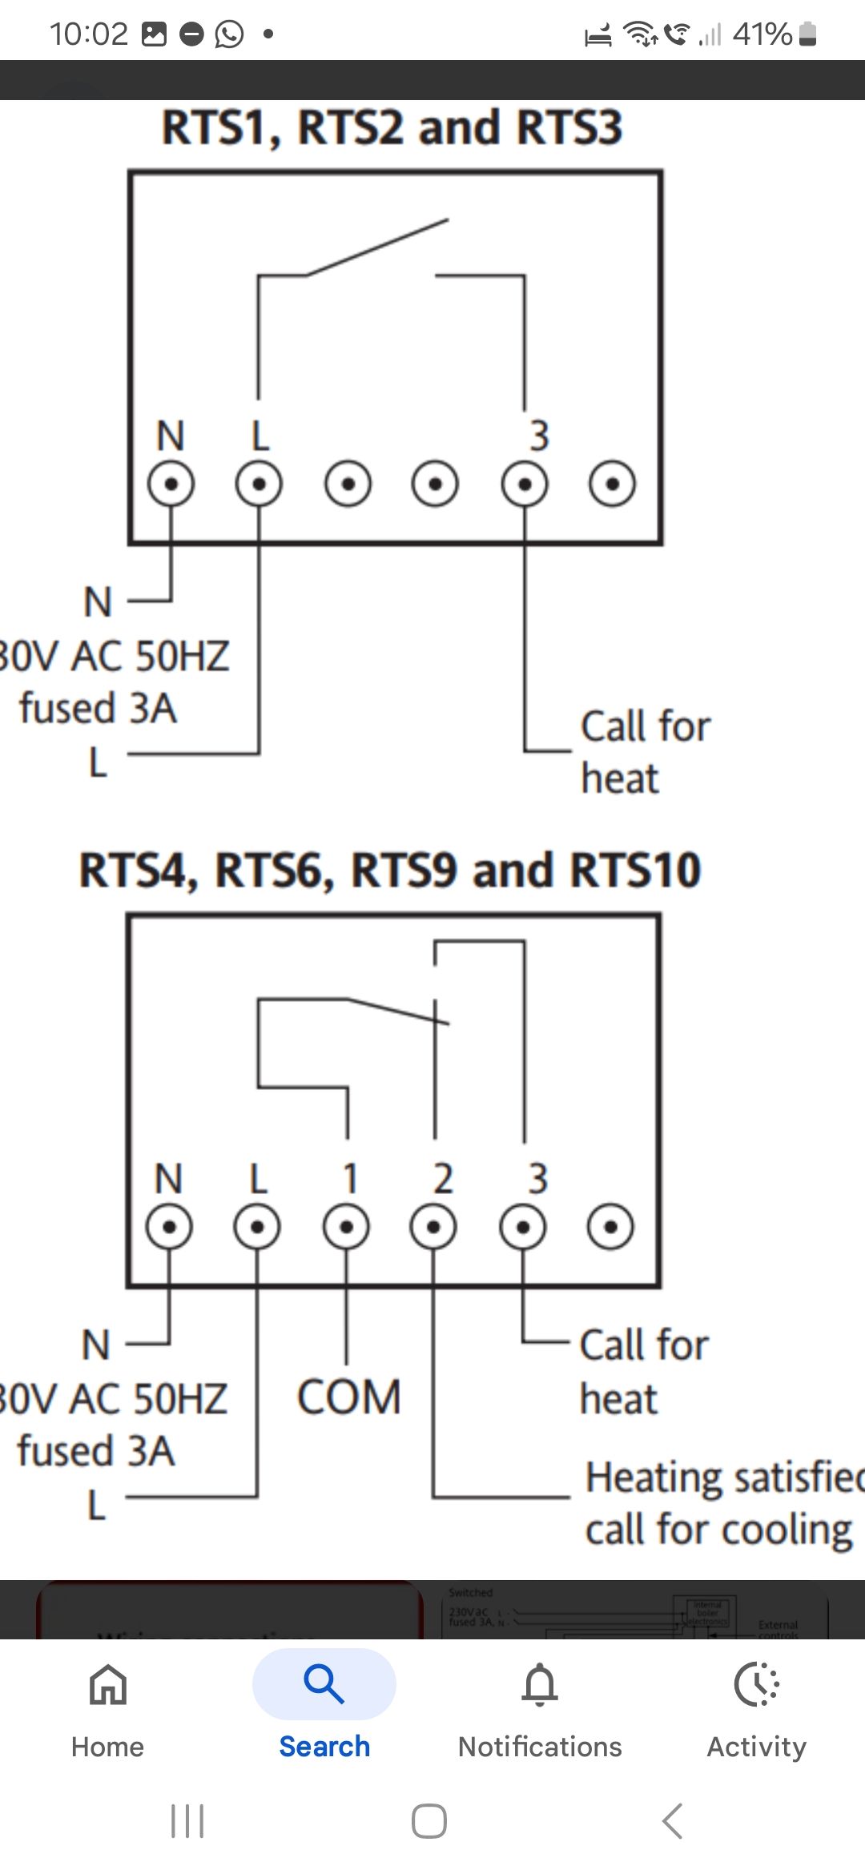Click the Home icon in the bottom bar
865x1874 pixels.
click(108, 1684)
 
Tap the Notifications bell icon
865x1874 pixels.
click(540, 1684)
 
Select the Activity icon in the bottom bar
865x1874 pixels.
click(756, 1684)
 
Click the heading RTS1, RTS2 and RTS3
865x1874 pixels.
click(392, 127)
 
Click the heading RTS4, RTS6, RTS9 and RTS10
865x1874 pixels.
click(390, 871)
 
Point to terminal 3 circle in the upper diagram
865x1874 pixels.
click(525, 484)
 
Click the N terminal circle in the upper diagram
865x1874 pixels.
click(171, 484)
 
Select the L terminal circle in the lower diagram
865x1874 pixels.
click(257, 1226)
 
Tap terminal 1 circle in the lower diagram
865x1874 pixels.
click(346, 1226)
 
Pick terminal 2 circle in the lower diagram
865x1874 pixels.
click(433, 1226)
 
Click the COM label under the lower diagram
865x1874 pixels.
click(349, 1397)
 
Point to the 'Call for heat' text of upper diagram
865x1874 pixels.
click(645, 751)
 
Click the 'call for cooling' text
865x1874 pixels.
click(718, 1530)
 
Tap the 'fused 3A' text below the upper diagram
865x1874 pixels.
click(98, 708)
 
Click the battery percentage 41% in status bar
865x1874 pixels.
click(762, 34)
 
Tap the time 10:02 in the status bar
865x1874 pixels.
click(88, 34)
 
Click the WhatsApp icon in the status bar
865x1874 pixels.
click(230, 34)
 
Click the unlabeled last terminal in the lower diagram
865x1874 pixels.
click(610, 1226)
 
